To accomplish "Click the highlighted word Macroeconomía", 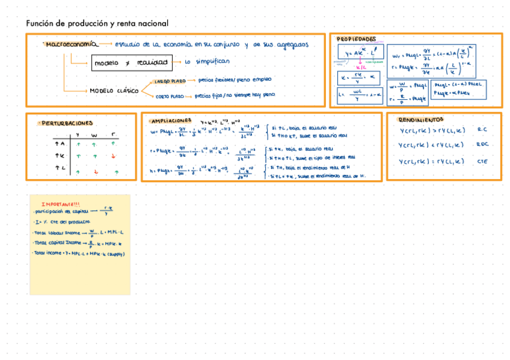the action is (71, 44).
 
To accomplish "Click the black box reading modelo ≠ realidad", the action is (131, 63).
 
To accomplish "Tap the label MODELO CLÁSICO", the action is (114, 91).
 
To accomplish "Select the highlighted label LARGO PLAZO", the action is (170, 81).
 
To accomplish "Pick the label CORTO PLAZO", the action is (170, 96).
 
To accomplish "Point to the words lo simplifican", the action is (207, 61).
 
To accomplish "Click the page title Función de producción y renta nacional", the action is (97, 23).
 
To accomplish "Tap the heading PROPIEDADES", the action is (356, 38).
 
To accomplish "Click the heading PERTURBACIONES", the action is (67, 123).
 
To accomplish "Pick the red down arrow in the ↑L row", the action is (94, 172).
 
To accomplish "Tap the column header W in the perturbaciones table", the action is (94, 135).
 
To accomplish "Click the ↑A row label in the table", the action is (60, 144).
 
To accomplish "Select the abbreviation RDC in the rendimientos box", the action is (482, 145).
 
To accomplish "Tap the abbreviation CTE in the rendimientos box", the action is (482, 161).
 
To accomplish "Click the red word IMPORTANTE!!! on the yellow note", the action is (66, 203).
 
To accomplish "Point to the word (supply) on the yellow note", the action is (114, 253).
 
